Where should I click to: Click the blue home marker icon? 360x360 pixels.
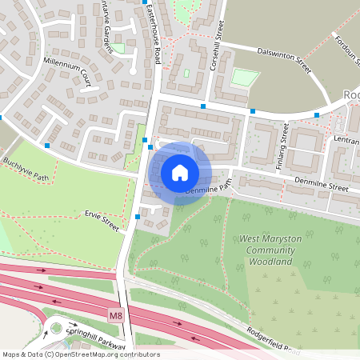180,173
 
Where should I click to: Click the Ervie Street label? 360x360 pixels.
102,221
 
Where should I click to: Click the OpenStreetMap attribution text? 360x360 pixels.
80,354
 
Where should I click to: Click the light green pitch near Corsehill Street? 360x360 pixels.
245,78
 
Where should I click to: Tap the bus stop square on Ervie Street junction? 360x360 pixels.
138,216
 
